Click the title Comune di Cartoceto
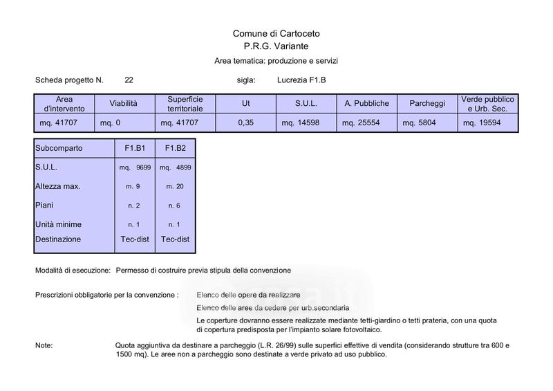click(276, 33)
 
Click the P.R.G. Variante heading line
click(276, 46)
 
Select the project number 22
click(129, 80)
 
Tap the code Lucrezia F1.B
click(301, 80)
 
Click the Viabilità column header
click(124, 104)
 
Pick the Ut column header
click(245, 104)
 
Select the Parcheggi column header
click(427, 104)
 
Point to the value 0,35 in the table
click(245, 123)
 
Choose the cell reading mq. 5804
click(420, 123)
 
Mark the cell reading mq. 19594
click(481, 123)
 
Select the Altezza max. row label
click(57, 187)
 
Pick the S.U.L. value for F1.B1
click(135, 167)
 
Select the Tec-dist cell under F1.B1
click(134, 239)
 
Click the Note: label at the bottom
click(44, 345)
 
